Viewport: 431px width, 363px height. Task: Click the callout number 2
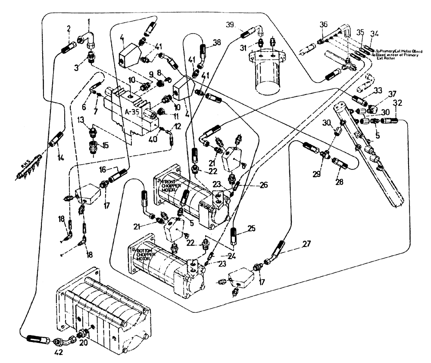[68, 29]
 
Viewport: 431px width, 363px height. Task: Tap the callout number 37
[379, 95]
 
